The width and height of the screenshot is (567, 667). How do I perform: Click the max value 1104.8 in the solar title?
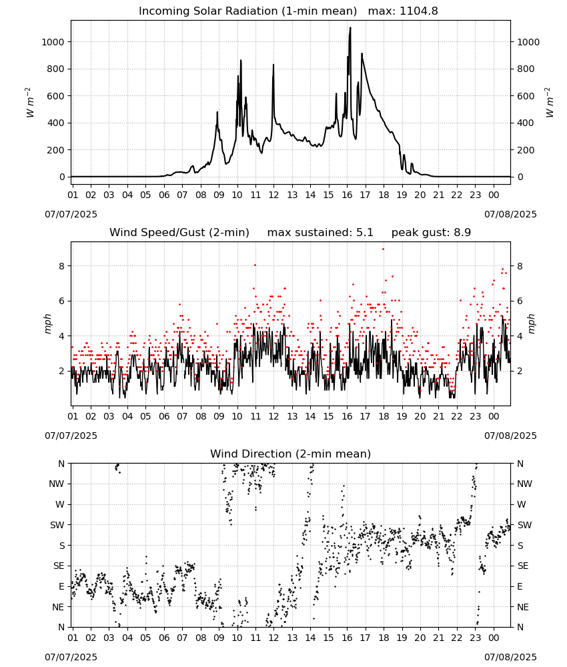tap(418, 11)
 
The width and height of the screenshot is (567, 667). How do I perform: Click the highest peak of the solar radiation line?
tap(350, 27)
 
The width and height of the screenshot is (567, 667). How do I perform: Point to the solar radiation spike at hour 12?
tap(273, 65)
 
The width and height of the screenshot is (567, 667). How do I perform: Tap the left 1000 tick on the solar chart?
tap(53, 42)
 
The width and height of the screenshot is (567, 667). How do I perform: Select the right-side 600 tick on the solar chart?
tap(526, 96)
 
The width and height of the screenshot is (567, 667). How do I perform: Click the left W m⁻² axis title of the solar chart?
tap(29, 103)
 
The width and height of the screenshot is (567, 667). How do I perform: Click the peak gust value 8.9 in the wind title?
tap(462, 232)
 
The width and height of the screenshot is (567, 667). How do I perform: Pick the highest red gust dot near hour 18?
tap(384, 249)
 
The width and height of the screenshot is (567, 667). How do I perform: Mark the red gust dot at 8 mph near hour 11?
tap(255, 265)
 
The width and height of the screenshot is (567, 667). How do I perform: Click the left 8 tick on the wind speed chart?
tap(61, 266)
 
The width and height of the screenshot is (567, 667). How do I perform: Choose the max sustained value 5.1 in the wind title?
tap(365, 232)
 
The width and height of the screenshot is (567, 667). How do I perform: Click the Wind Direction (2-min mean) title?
tap(291, 454)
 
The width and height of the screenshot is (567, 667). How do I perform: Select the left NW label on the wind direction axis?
tap(57, 484)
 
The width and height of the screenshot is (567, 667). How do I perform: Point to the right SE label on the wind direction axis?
tap(523, 566)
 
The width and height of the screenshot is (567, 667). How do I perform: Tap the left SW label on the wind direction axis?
tap(57, 525)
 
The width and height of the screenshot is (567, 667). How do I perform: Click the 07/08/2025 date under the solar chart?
tap(510, 214)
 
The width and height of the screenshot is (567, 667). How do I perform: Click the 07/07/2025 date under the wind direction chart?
tap(71, 657)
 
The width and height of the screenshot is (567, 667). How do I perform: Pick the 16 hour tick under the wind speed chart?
tap(347, 416)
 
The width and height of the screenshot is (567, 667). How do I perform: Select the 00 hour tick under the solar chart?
tap(494, 195)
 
